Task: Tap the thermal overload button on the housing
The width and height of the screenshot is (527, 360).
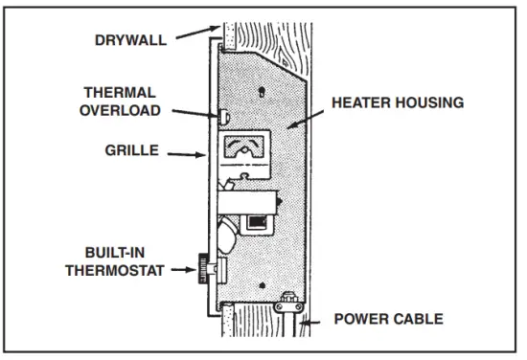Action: coord(222,116)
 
